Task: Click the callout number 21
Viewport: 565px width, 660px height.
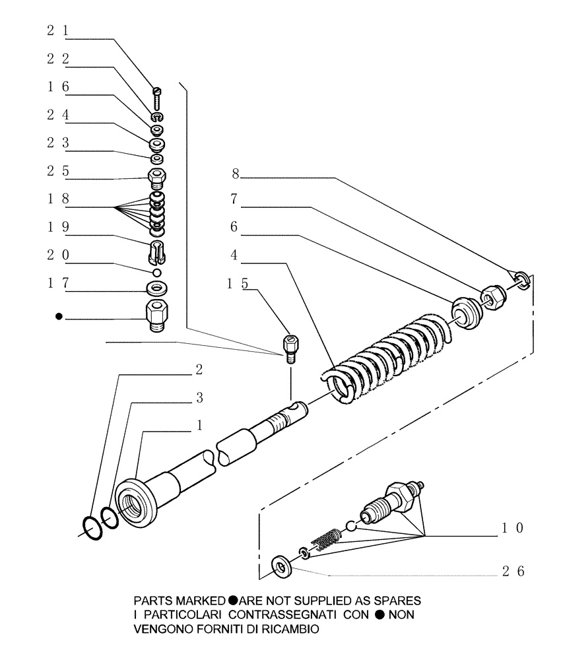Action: point(57,30)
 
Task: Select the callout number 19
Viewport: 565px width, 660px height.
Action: point(57,226)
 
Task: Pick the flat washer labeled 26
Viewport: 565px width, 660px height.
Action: point(282,568)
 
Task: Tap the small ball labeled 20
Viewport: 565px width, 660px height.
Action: point(157,273)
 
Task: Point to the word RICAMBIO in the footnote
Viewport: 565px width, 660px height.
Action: point(287,629)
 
